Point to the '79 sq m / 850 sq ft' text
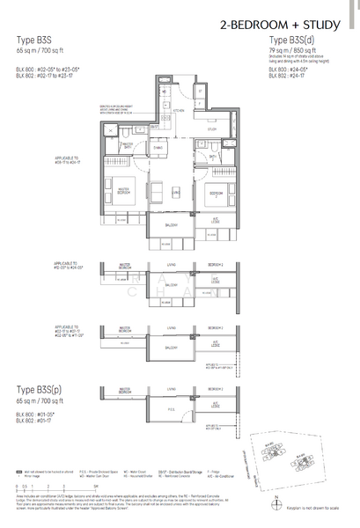coord(293,51)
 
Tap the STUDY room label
coord(211,128)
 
